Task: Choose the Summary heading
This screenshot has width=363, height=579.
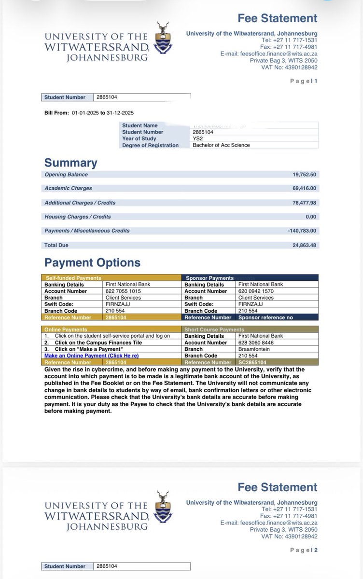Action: pyautogui.click(x=70, y=163)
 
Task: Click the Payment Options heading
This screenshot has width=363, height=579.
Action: pyautogui.click(x=92, y=262)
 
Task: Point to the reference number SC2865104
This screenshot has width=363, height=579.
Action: pyautogui.click(x=252, y=362)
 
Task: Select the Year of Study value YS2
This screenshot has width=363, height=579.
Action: pyautogui.click(x=198, y=138)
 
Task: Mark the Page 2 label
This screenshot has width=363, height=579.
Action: pyautogui.click(x=304, y=550)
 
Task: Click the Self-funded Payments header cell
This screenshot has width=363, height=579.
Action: pyautogui.click(x=73, y=278)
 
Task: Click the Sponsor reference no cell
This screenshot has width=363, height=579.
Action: pyautogui.click(x=265, y=317)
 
